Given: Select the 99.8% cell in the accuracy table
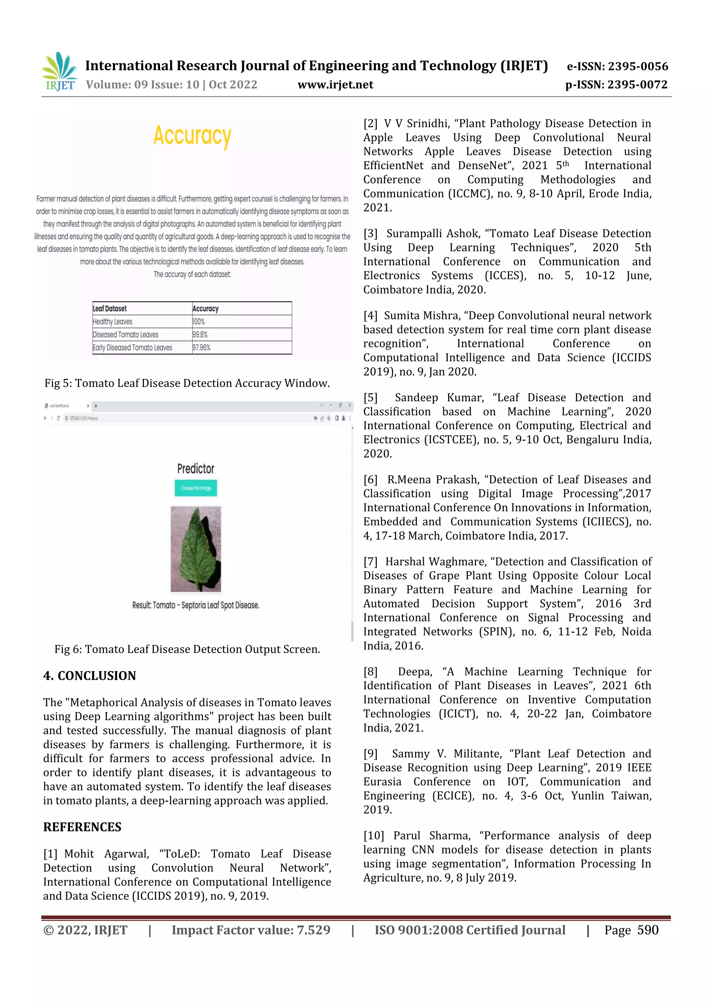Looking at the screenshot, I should (x=200, y=334).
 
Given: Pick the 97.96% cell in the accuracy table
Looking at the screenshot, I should (x=201, y=347).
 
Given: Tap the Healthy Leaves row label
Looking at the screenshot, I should (x=112, y=321).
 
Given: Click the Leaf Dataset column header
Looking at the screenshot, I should (x=110, y=308).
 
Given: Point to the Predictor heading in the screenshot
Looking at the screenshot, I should (x=195, y=469).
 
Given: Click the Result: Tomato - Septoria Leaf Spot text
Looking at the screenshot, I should (x=195, y=605).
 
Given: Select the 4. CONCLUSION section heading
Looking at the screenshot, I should (x=89, y=675).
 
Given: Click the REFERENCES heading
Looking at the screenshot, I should (x=82, y=827).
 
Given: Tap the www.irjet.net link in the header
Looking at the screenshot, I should (x=335, y=84).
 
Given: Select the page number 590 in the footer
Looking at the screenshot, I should (x=648, y=930).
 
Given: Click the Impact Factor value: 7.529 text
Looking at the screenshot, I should (x=251, y=930).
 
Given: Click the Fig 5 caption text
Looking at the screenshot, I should (x=187, y=384).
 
